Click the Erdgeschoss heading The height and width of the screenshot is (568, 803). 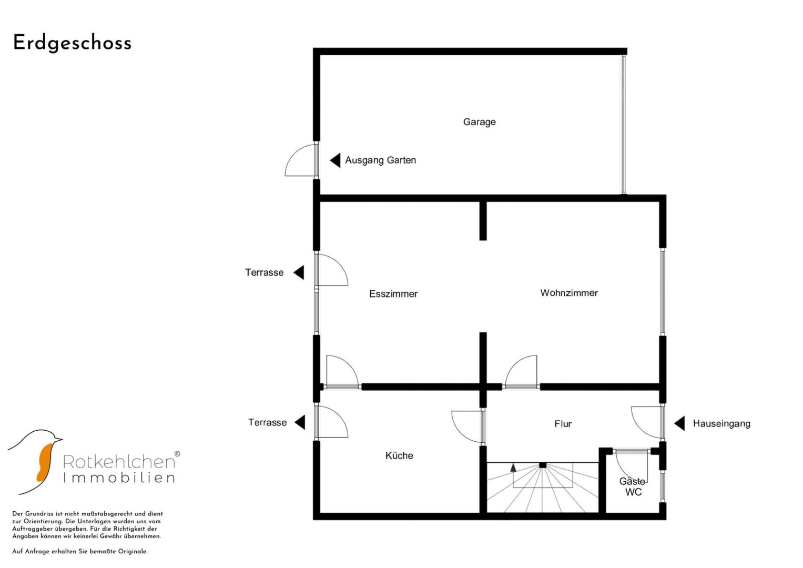[73, 43]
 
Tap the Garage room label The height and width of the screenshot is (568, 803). [479, 122]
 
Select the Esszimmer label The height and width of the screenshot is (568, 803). [393, 293]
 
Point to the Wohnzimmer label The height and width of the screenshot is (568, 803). [569, 293]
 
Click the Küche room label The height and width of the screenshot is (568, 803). [399, 455]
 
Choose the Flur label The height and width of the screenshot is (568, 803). [563, 424]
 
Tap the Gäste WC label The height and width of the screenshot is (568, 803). [633, 486]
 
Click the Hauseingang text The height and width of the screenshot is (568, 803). [721, 423]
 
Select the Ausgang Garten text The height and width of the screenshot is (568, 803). [380, 160]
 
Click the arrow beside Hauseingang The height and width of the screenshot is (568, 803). [679, 423]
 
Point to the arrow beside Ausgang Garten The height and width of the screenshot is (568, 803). [335, 160]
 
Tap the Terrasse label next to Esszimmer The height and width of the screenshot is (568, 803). [264, 272]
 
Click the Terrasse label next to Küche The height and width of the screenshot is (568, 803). [268, 422]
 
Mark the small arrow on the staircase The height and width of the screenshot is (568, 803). [513, 467]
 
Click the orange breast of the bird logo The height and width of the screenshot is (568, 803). [45, 463]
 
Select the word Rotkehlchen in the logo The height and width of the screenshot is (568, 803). [119, 462]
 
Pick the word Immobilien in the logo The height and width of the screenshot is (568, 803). [119, 478]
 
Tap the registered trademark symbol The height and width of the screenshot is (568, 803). [177, 454]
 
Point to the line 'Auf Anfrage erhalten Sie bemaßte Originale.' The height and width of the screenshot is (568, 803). [80, 552]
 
